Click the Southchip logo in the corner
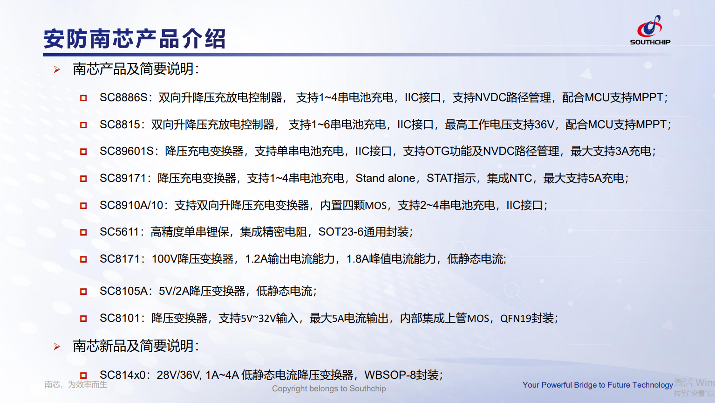click(x=650, y=30)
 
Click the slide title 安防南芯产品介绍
click(x=134, y=39)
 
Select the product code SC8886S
click(x=123, y=97)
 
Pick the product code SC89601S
click(x=127, y=151)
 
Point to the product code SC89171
click(x=123, y=178)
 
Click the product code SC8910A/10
click(x=131, y=205)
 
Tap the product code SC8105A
click(x=123, y=291)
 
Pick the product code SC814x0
click(x=122, y=375)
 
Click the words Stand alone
click(x=385, y=178)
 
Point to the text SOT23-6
click(x=341, y=232)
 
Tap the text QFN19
click(x=516, y=318)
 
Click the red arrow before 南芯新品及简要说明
click(x=57, y=347)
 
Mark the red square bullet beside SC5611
click(x=83, y=232)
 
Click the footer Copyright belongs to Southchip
click(x=329, y=389)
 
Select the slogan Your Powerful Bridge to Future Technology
click(x=598, y=385)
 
